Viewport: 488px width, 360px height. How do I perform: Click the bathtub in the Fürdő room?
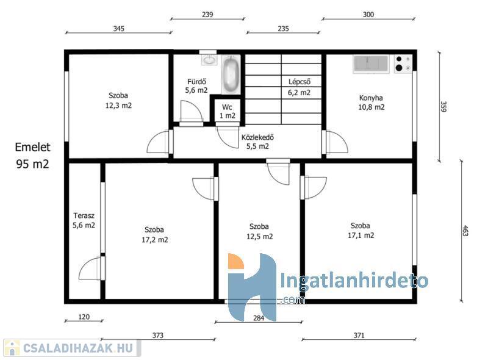231,74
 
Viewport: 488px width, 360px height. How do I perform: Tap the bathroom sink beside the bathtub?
209,60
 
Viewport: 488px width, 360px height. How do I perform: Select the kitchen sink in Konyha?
371,64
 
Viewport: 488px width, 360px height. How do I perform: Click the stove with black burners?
403,64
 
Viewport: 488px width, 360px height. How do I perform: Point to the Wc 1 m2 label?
228,112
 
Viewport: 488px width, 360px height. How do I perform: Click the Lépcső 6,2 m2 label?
299,87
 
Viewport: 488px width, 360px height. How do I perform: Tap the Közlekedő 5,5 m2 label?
257,142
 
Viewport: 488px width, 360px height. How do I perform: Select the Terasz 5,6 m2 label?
84,220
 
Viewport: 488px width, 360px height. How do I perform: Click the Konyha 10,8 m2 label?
371,103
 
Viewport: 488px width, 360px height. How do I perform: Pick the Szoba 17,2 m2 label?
155,234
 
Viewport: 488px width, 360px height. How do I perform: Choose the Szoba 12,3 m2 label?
118,100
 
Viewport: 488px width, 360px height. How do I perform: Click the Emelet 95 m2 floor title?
33,155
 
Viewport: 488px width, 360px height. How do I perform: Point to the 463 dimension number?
465,231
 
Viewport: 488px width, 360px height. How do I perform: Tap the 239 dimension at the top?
207,14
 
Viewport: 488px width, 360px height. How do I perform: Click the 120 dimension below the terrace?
84,317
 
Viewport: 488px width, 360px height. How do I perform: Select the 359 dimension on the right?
443,107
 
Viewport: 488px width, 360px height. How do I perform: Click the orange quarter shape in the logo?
235,261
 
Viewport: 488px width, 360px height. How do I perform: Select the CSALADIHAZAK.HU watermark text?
78,348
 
